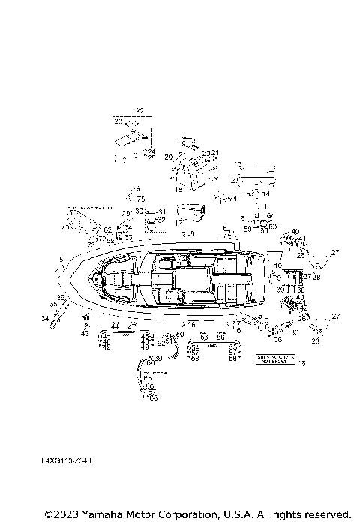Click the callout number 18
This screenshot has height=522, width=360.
point(178,190)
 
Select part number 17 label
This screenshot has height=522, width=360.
point(178,223)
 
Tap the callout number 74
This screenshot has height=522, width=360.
point(232,198)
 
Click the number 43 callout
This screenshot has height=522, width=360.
point(85,333)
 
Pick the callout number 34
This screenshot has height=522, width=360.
point(45,319)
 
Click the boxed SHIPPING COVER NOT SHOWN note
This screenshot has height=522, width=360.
point(277,358)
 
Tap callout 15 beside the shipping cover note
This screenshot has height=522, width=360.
point(303,363)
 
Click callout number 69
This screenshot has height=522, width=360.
point(158,358)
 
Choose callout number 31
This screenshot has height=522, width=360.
point(161,212)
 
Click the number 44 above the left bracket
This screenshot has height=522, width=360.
point(115,327)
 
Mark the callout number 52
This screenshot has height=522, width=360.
point(160,342)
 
